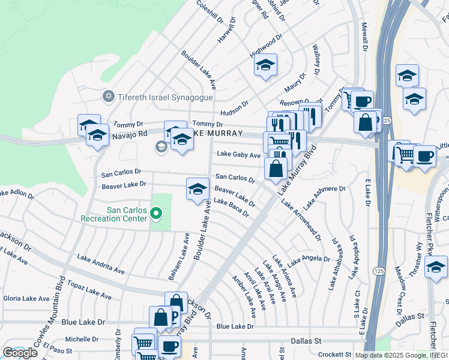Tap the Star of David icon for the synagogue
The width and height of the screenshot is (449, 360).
pos(109,96)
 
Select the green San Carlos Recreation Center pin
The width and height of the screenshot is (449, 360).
pos(156,213)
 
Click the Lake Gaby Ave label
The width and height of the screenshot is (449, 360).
pos(238,155)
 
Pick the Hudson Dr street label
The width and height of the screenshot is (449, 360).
pos(234,107)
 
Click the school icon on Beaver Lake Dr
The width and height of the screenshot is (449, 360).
pos(197,189)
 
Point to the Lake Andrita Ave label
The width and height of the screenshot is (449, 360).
pos(100,265)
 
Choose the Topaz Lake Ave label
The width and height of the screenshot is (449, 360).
pos(89,289)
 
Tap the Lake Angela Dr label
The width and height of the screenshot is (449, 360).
pos(308,260)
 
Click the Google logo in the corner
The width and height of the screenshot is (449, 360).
pos(20,353)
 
